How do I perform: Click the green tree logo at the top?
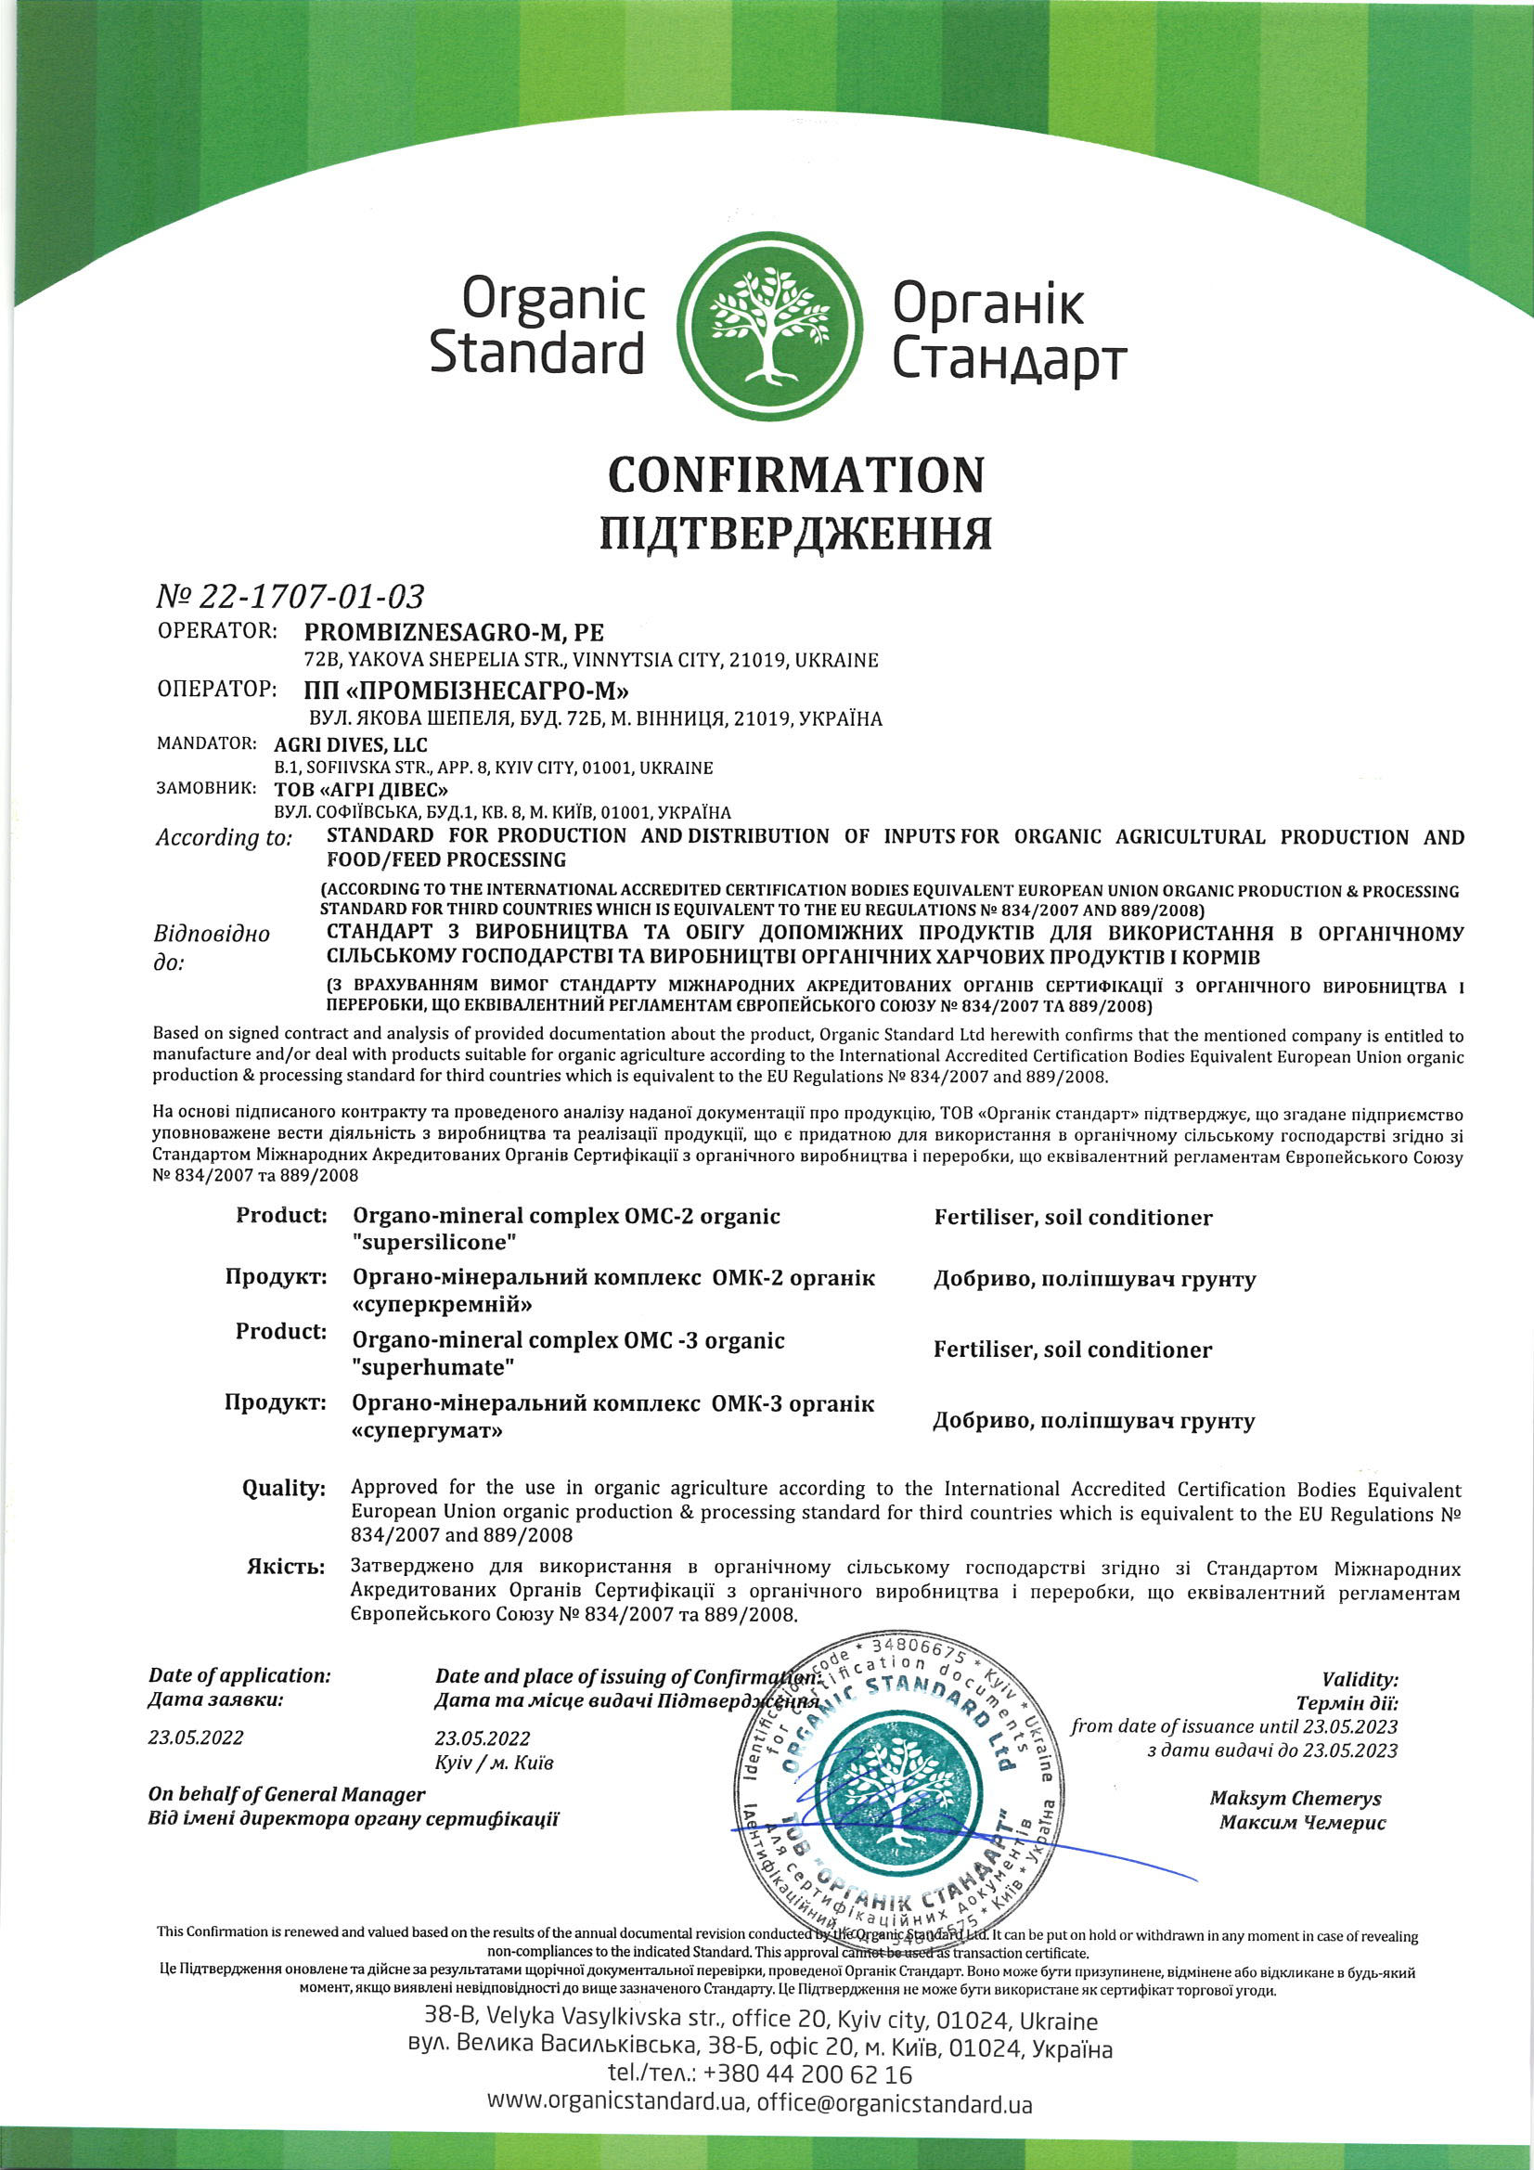pyautogui.click(x=771, y=325)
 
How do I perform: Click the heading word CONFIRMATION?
pyautogui.click(x=796, y=474)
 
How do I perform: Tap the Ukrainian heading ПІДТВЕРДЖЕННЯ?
pyautogui.click(x=796, y=533)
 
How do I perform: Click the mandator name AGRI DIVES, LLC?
pyautogui.click(x=351, y=744)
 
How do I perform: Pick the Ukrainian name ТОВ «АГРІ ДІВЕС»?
pyautogui.click(x=361, y=789)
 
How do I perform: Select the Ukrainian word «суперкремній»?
pyautogui.click(x=443, y=1305)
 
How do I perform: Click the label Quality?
pyautogui.click(x=284, y=1489)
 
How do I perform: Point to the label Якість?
pyautogui.click(x=286, y=1567)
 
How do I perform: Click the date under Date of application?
pyautogui.click(x=196, y=1737)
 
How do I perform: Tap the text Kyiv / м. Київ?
pyautogui.click(x=495, y=1763)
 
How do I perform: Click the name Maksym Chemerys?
pyautogui.click(x=1295, y=1798)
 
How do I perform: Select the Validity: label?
pyautogui.click(x=1360, y=1680)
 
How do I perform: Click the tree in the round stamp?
pyautogui.click(x=894, y=1805)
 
